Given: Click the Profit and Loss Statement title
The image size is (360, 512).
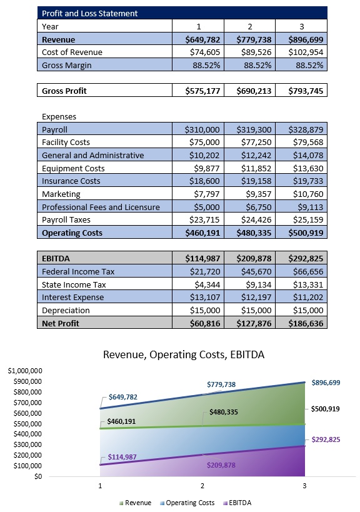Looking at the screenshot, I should [x=90, y=13].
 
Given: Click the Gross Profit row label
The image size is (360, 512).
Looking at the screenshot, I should [x=64, y=91].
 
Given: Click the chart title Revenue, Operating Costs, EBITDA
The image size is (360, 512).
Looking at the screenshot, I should [x=184, y=355].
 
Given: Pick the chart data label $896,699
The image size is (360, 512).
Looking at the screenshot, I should [x=326, y=382].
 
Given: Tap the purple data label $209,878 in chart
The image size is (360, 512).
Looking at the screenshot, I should [x=221, y=465].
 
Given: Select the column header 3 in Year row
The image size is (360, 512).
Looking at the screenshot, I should [x=303, y=27].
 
